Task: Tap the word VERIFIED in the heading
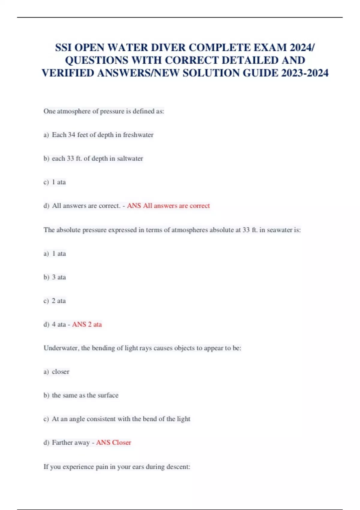click(68, 73)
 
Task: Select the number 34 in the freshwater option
click(71, 135)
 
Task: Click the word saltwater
click(130, 158)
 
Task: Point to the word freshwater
click(138, 135)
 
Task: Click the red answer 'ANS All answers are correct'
click(168, 206)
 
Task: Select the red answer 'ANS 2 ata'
click(87, 324)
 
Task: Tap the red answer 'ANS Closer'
click(113, 442)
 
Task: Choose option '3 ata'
click(59, 277)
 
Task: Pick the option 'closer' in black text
click(61, 372)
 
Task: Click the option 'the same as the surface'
click(85, 395)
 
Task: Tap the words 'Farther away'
click(71, 442)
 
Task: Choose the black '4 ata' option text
click(59, 324)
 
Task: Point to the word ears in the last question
click(138, 467)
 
